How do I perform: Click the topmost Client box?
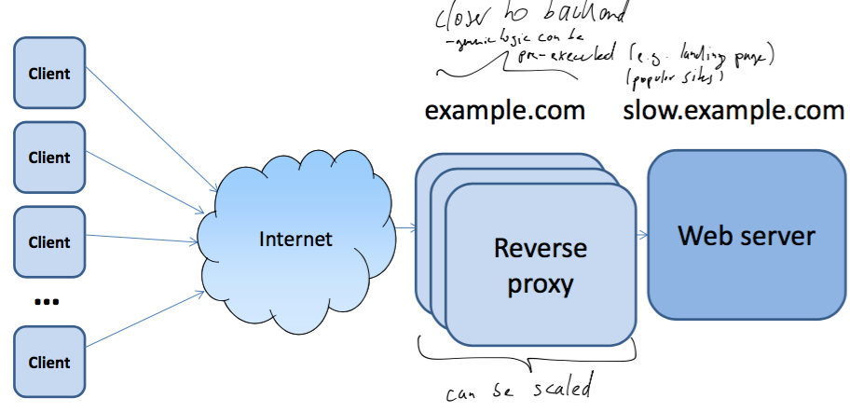[x=49, y=73]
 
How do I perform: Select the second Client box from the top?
[x=49, y=158]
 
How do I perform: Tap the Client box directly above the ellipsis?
[x=49, y=242]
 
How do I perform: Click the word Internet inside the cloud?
[x=295, y=240]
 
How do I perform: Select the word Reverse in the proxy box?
[x=541, y=250]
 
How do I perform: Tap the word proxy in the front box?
[x=541, y=282]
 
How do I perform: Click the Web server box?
[x=746, y=235]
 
